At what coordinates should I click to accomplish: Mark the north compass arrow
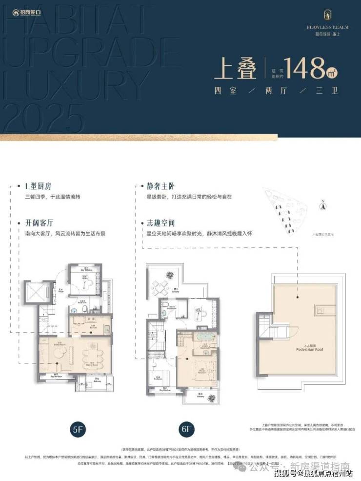tap(322, 205)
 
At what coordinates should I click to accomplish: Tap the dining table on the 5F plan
tap(94, 356)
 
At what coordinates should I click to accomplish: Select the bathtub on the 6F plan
tap(201, 337)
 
